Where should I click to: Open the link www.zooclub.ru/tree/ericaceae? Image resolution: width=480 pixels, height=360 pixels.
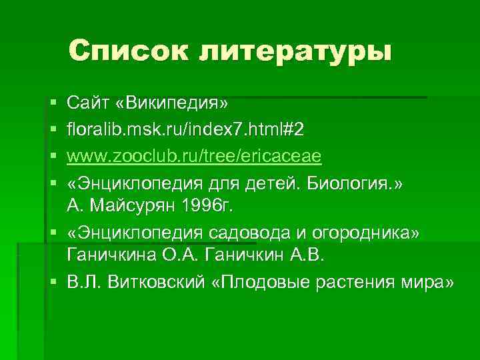click(x=194, y=155)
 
